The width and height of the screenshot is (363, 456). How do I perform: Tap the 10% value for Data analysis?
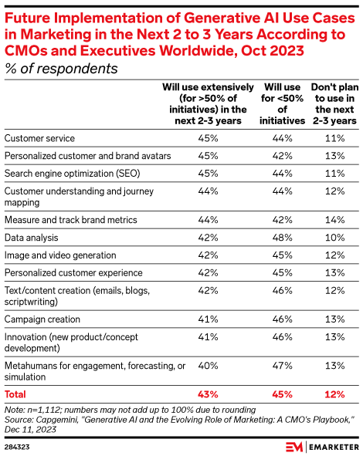click(334, 238)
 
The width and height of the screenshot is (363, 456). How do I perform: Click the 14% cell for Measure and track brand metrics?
click(334, 220)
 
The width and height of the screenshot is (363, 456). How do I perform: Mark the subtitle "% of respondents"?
click(59, 68)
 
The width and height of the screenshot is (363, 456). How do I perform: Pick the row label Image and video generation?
click(60, 255)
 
